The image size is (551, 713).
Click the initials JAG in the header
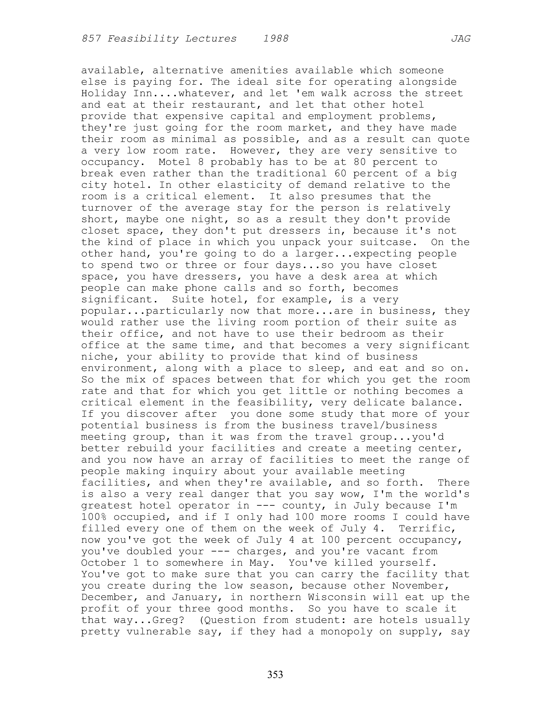(x=461, y=39)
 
